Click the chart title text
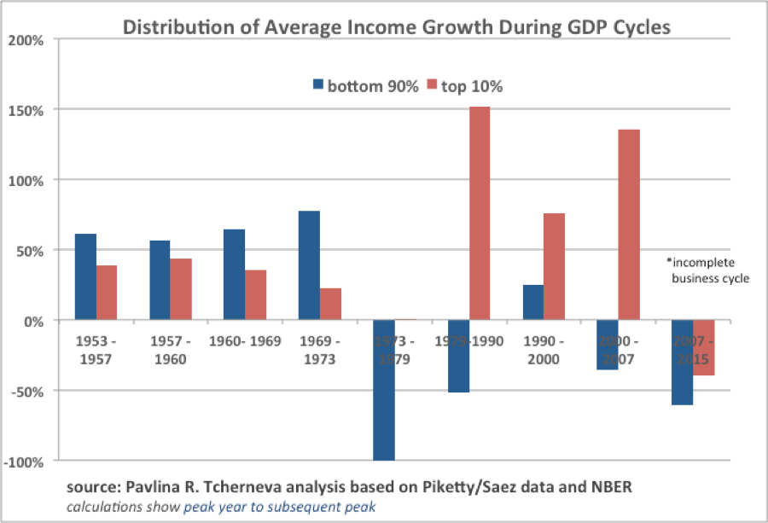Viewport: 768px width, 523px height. pyautogui.click(x=397, y=27)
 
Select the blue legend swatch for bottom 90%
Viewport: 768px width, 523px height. pyautogui.click(x=319, y=85)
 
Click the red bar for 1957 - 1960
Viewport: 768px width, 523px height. pyautogui.click(x=181, y=289)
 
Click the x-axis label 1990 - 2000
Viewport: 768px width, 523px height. pyautogui.click(x=544, y=350)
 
